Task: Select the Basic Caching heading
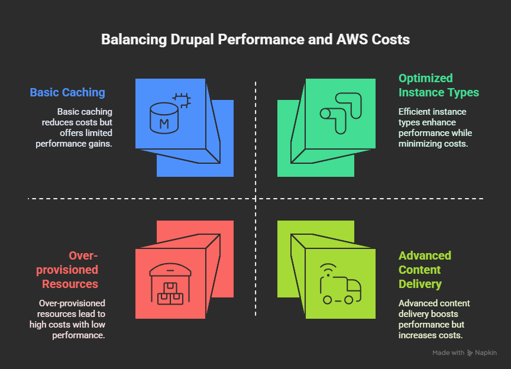tap(67, 92)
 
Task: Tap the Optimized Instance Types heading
tap(438, 85)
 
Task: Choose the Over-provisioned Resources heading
tap(70, 270)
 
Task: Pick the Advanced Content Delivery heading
tap(425, 270)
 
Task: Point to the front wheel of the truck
tap(348, 300)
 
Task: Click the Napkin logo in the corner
tap(470, 353)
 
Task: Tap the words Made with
tap(448, 353)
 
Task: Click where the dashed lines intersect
tap(256, 198)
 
